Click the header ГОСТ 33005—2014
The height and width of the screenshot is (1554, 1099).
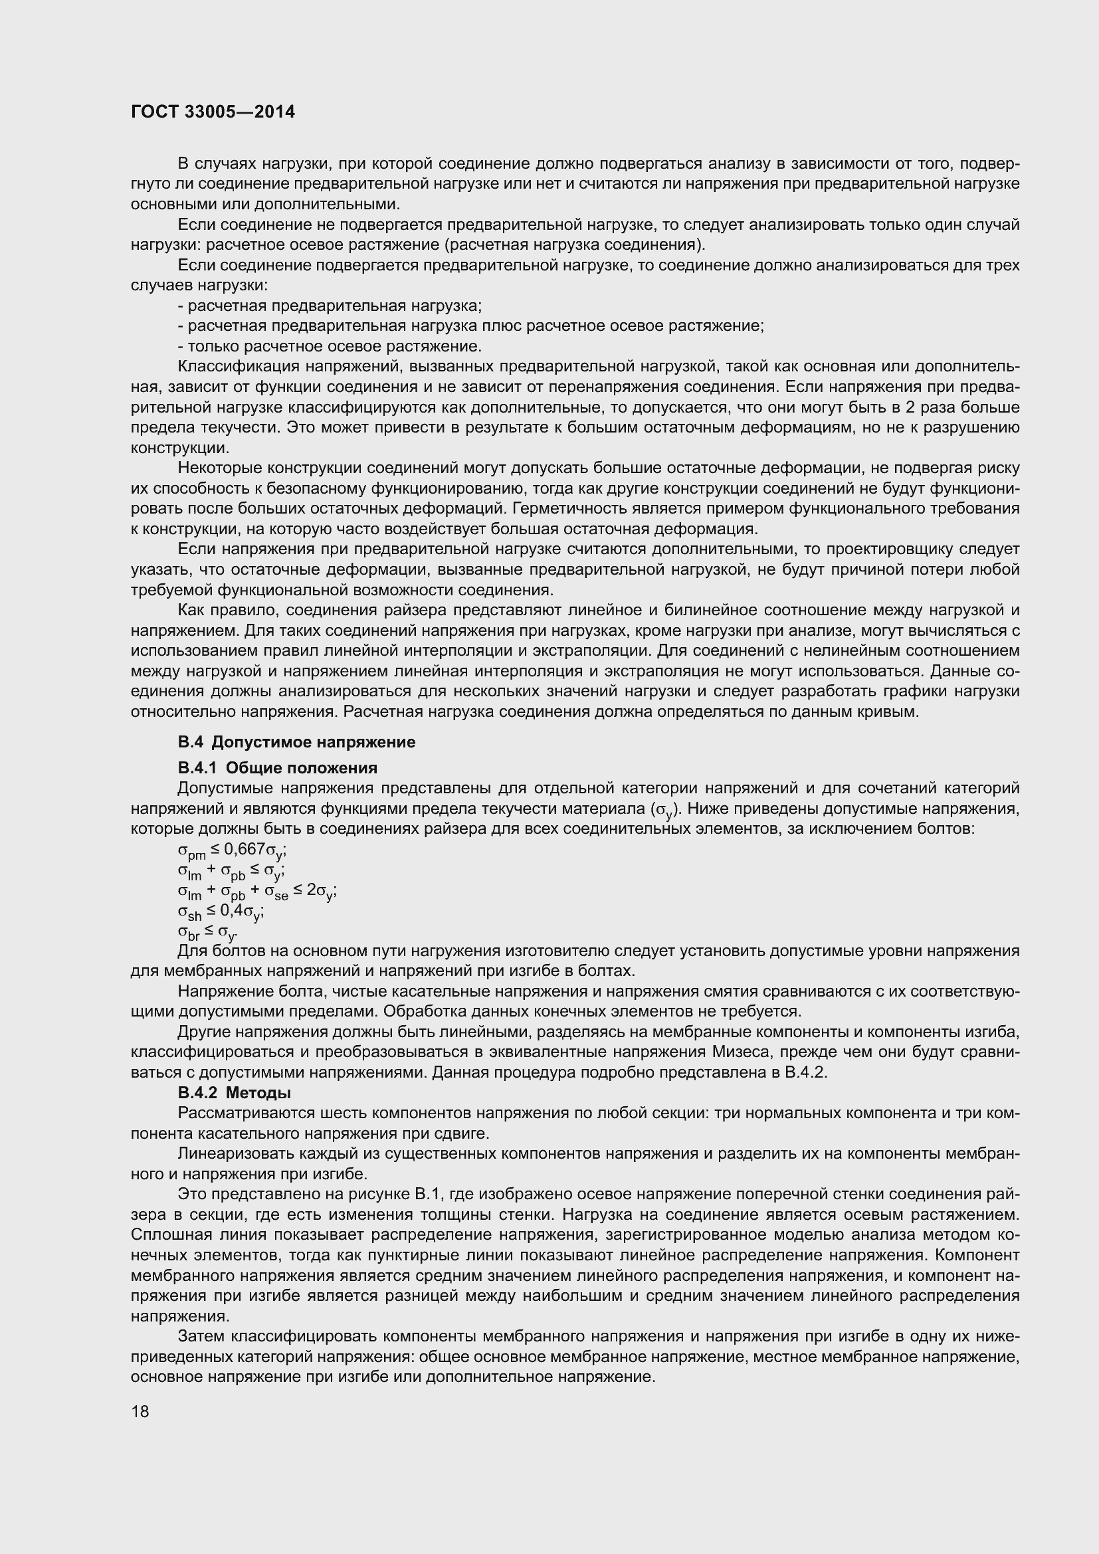(x=213, y=112)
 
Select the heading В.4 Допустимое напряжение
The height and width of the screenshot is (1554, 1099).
(x=296, y=742)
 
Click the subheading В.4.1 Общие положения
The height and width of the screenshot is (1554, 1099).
(x=278, y=767)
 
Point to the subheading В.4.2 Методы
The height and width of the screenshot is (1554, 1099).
(x=234, y=1092)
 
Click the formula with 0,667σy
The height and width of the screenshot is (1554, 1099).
(x=232, y=850)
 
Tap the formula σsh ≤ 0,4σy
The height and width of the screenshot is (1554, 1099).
(x=221, y=912)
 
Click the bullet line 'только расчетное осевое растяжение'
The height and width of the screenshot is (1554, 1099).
(x=330, y=347)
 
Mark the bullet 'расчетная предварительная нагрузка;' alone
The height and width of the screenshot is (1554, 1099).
(x=330, y=306)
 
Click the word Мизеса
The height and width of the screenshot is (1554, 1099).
(x=738, y=1052)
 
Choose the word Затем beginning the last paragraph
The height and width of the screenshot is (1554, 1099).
(x=200, y=1336)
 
